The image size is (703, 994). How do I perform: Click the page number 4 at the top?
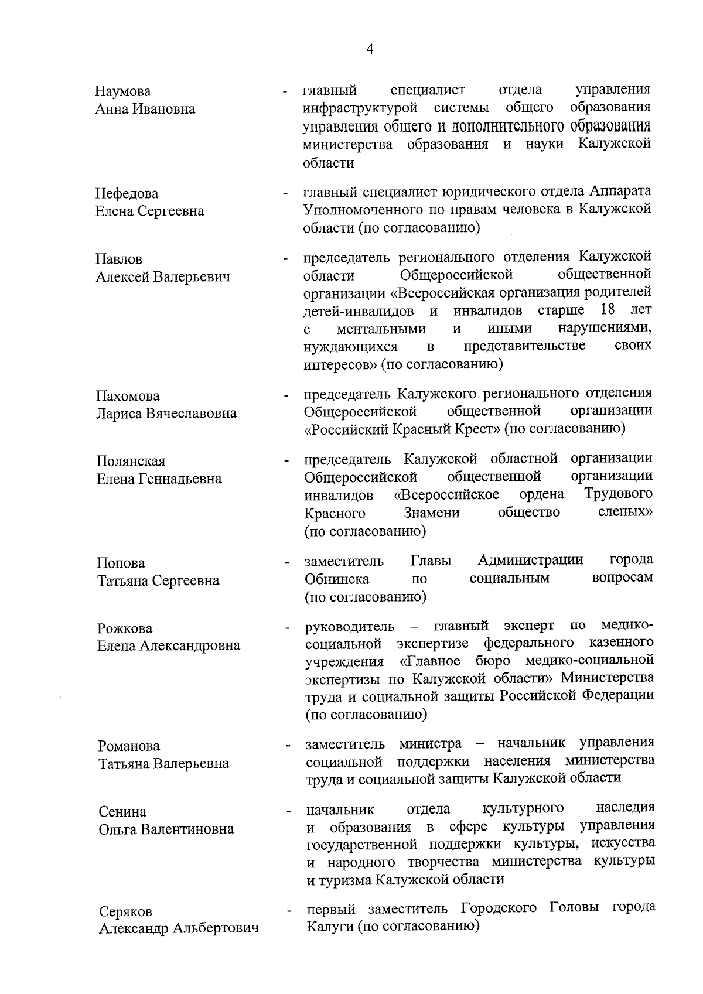tap(369, 49)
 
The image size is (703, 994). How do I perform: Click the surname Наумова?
tap(122, 91)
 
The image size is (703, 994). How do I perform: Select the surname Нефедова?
tap(127, 193)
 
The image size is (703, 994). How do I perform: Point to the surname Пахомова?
tap(128, 396)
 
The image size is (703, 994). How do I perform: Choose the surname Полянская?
tap(131, 461)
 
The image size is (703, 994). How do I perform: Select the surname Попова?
tap(121, 563)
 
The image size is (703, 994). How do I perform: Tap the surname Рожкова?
tap(125, 628)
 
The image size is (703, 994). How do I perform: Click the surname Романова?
tap(129, 746)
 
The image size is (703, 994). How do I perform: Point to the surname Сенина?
tap(122, 812)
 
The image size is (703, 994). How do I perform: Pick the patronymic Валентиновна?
tap(191, 829)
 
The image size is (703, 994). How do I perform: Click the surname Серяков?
tap(125, 912)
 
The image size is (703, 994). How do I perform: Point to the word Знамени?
tap(431, 514)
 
